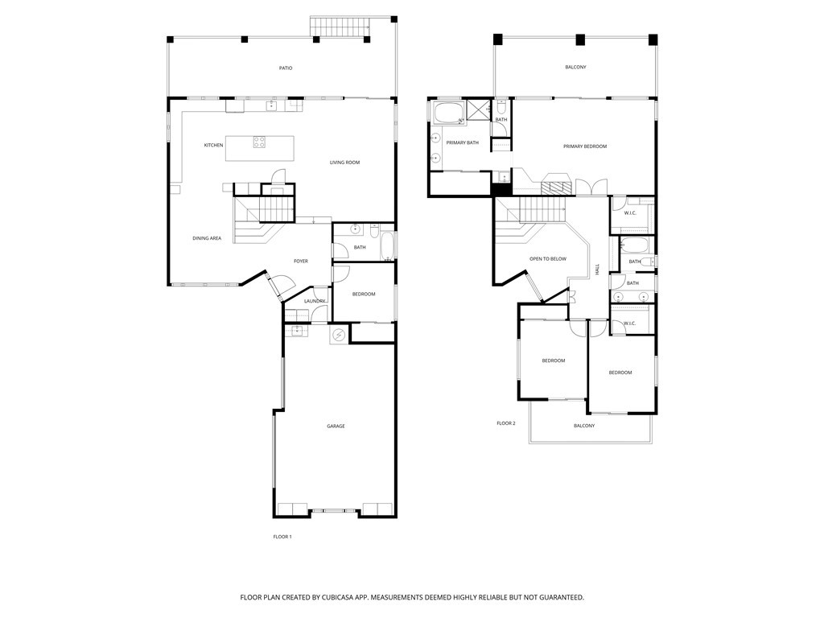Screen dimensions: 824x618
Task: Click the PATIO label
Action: point(286,68)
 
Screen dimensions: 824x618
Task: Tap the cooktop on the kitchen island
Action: point(260,142)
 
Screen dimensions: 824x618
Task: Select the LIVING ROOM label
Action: point(344,163)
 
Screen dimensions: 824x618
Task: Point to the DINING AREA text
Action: point(207,238)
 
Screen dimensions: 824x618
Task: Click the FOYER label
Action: point(301,262)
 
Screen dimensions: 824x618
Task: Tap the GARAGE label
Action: point(336,426)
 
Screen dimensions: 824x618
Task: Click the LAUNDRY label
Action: point(315,301)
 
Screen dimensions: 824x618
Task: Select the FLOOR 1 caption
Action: point(282,537)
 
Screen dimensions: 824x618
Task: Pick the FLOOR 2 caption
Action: point(506,423)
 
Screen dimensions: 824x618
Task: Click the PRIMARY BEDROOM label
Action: point(585,146)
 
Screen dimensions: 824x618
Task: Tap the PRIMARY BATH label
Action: point(463,143)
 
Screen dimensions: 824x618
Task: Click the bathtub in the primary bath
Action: point(448,113)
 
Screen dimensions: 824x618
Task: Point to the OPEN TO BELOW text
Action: point(548,259)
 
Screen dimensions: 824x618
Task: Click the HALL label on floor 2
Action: point(598,269)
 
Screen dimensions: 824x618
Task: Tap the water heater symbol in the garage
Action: point(339,335)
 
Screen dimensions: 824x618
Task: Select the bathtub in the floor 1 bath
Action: point(387,246)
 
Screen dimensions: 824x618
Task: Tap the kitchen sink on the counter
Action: point(270,106)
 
